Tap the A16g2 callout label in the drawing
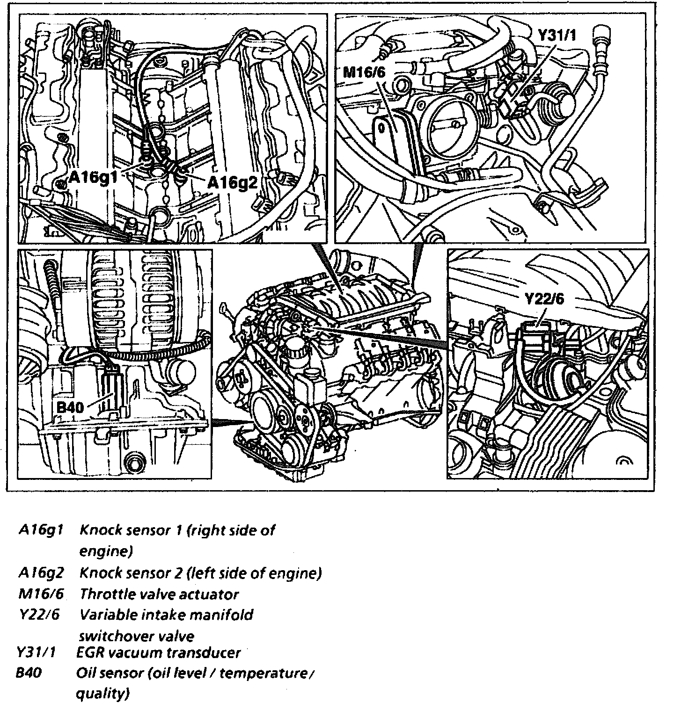[232, 182]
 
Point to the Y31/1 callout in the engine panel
[557, 35]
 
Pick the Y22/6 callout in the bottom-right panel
[544, 300]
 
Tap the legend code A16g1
[41, 530]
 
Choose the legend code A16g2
[41, 572]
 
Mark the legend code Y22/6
[40, 615]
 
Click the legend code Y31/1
[36, 652]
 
